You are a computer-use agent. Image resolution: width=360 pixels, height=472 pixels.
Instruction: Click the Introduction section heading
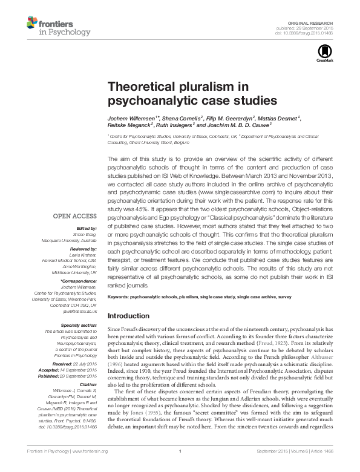pyautogui.click(x=128, y=316)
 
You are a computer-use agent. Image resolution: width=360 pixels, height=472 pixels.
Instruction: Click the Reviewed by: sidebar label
pyautogui.click(x=82, y=248)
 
